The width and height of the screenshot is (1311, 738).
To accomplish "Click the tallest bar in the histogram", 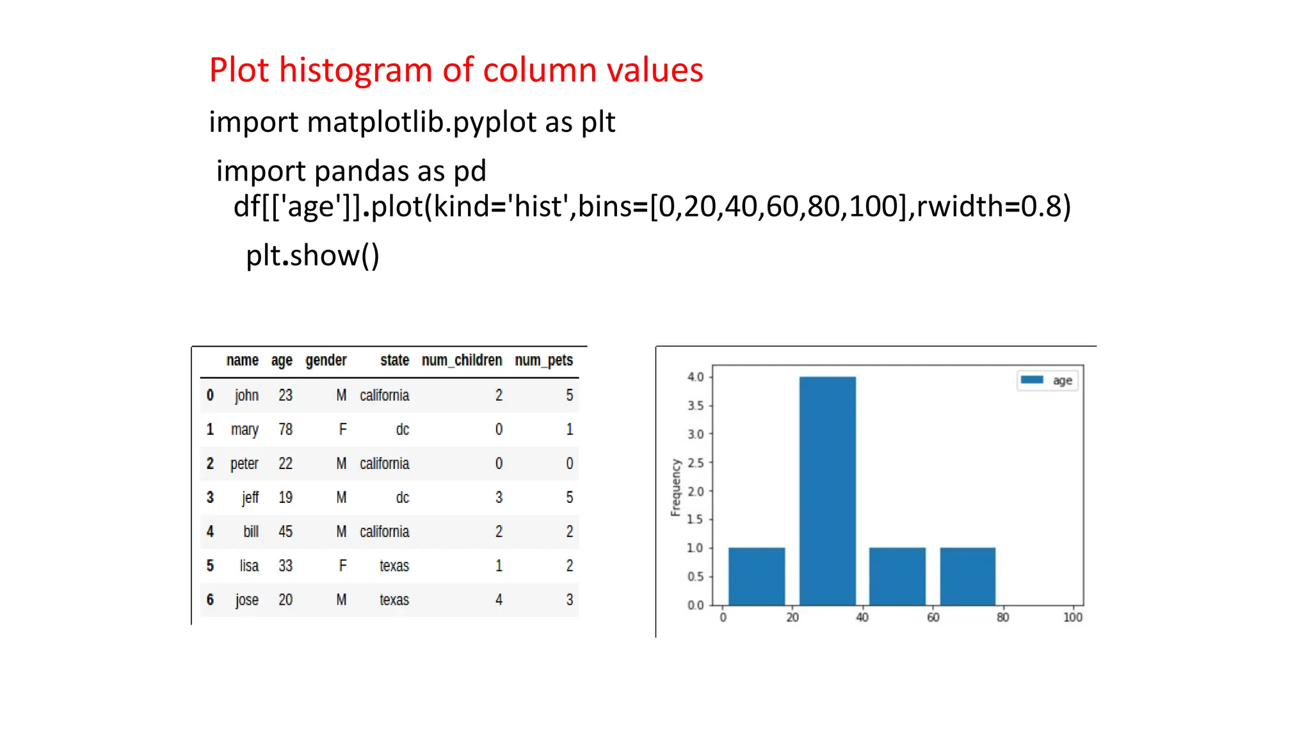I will [x=827, y=490].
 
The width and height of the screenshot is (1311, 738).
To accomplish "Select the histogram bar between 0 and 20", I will [x=756, y=576].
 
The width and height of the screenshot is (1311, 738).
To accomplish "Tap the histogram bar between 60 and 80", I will [x=967, y=576].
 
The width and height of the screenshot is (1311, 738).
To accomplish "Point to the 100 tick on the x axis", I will [x=1072, y=618].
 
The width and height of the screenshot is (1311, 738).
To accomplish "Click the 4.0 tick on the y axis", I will [x=695, y=377].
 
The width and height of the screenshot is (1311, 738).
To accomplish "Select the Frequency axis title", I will [x=675, y=488].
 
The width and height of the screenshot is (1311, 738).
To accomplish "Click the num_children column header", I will [x=462, y=361].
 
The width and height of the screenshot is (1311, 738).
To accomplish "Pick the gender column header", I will [x=326, y=361].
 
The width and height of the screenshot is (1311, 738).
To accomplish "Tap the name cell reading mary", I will [x=245, y=430].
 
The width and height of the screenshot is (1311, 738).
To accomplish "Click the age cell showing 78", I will [x=286, y=430].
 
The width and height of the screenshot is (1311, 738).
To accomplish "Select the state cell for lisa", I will [x=394, y=566].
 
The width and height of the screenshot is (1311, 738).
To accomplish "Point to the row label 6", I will [x=210, y=600].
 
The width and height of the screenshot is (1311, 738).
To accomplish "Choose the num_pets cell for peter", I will [x=569, y=464].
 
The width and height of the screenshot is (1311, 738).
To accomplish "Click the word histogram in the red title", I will [x=355, y=70].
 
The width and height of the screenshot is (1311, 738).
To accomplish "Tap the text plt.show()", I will [x=312, y=256].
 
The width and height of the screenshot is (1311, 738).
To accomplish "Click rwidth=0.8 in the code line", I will [x=993, y=206].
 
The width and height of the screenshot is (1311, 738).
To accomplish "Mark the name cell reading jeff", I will [x=250, y=498].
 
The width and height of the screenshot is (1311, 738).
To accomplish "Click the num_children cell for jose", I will [x=499, y=600].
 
